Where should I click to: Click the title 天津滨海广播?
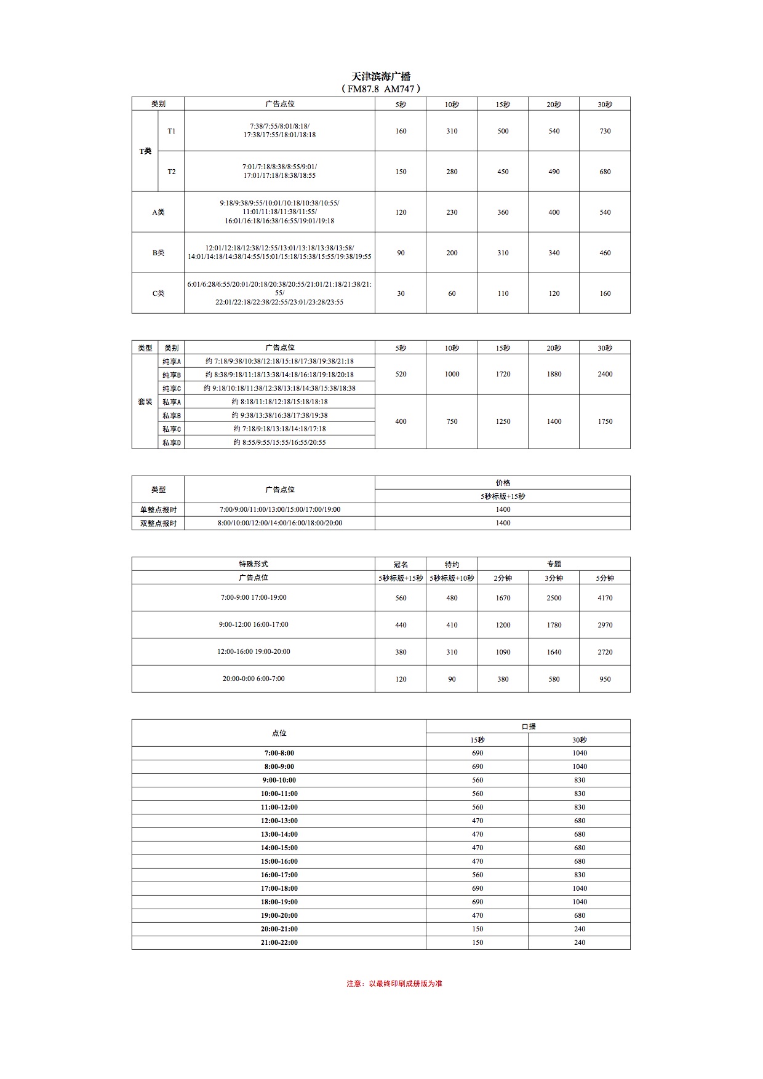click(381, 76)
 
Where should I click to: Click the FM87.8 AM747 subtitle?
click(381, 89)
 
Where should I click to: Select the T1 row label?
click(171, 131)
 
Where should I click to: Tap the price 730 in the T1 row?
click(605, 131)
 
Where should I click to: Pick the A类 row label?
click(158, 212)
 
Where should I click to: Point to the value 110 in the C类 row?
click(503, 293)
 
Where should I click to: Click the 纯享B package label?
click(172, 375)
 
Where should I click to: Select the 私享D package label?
click(172, 442)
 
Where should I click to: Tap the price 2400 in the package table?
click(605, 374)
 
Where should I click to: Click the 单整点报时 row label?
click(158, 509)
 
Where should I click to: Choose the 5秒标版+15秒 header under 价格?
click(503, 496)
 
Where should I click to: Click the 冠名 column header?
click(401, 564)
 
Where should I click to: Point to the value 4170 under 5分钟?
click(605, 598)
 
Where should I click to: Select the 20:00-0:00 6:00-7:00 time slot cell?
click(254, 679)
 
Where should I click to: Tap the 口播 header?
click(529, 727)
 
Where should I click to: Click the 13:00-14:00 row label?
click(279, 834)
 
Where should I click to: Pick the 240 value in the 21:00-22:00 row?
click(580, 942)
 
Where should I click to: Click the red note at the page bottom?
click(394, 984)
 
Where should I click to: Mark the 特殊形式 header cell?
click(254, 564)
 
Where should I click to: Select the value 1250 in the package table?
click(503, 421)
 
